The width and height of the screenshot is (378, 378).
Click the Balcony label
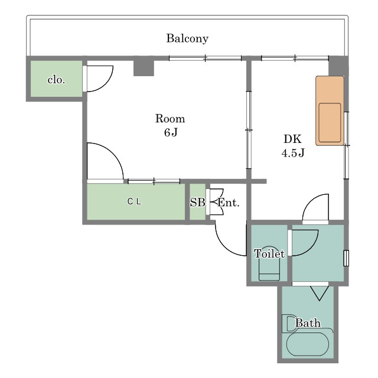pos(187,38)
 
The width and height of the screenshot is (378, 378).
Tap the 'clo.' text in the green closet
pos(56,80)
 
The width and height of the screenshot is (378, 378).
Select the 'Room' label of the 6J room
pos(170,119)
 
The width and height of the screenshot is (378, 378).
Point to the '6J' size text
pos(171,132)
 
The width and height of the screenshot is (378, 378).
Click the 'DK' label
pos(293,139)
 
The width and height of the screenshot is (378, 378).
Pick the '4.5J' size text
pos(293,152)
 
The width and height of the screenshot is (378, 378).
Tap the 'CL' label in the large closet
pos(134,201)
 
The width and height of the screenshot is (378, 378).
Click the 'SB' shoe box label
pos(197,203)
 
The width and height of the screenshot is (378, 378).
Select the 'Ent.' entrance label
pos(229,203)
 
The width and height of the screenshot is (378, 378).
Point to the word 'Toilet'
pos(269,253)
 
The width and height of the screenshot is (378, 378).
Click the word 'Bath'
pos(308,323)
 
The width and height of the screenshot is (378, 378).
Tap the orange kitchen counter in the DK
pos(330,111)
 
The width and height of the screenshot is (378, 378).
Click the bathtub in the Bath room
pos(308,344)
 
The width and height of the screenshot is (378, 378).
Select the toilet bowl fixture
pos(269,264)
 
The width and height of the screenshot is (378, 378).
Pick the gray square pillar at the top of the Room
pos(144,66)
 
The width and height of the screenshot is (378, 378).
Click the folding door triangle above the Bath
pos(319,293)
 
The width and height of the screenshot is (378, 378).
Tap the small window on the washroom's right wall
pos(346,258)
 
